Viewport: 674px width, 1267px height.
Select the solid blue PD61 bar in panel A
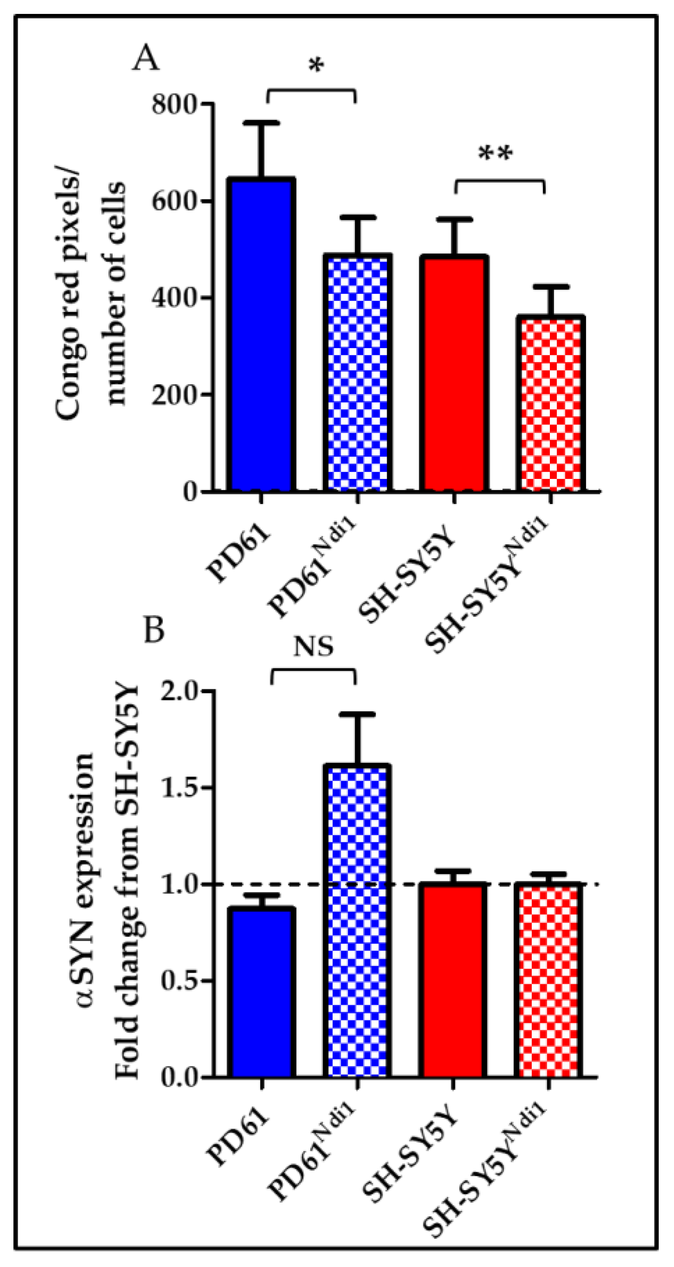click(261, 334)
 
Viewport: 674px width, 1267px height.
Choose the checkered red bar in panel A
click(550, 403)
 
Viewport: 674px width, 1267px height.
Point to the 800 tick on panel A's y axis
click(175, 104)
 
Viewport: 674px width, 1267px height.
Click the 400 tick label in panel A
click(175, 298)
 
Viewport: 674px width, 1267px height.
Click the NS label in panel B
click(313, 647)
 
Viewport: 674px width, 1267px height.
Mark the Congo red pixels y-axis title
click(91, 300)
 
